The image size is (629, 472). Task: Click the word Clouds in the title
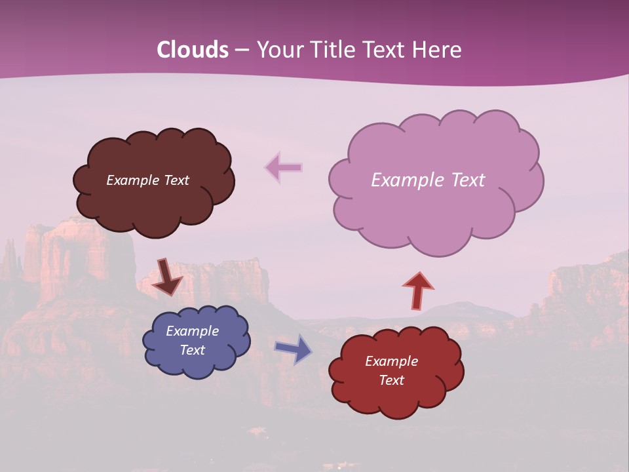point(193,50)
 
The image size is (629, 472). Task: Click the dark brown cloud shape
point(154,203)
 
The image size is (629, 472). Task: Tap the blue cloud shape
point(197,367)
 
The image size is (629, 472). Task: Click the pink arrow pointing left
point(283,168)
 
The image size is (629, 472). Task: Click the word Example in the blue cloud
point(192,331)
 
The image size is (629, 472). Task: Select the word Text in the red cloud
point(391,380)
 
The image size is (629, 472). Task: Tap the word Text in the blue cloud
point(192,350)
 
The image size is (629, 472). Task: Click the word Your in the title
point(277,50)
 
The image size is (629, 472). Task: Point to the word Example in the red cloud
point(391,361)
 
